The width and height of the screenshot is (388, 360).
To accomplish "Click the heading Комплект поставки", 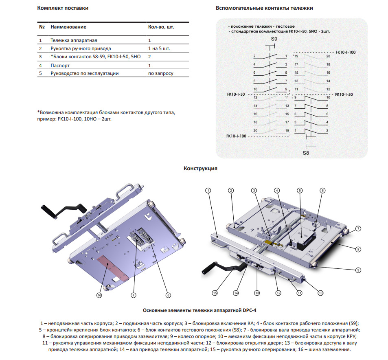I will pyautogui.click(x=63, y=8).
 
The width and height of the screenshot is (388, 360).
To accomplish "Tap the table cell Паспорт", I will pyautogui.click(x=60, y=65).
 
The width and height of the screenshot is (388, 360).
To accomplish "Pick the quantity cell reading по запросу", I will pyautogui.click(x=160, y=73).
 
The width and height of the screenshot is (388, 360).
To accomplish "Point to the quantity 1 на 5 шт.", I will pyautogui.click(x=159, y=48).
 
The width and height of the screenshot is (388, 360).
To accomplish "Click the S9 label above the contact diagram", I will pyautogui.click(x=274, y=39).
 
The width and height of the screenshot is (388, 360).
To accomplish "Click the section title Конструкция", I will pyautogui.click(x=200, y=169).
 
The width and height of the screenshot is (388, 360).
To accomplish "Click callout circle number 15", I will pyautogui.click(x=215, y=292).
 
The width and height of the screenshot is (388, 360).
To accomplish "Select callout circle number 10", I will pyautogui.click(x=320, y=292).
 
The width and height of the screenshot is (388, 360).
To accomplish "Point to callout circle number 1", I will pyautogui.click(x=208, y=190).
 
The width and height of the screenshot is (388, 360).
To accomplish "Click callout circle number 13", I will pyautogui.click(x=257, y=292).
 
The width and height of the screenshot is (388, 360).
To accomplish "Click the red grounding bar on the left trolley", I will pyautogui.click(x=113, y=268).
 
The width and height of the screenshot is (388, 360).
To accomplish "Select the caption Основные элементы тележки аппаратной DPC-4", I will pyautogui.click(x=199, y=310).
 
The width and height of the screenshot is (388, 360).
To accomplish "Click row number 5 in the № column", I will pyautogui.click(x=40, y=73).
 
